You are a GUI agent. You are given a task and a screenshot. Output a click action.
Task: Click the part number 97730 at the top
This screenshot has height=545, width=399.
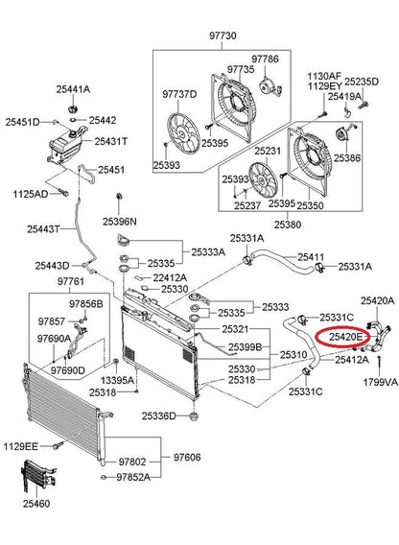(223, 36)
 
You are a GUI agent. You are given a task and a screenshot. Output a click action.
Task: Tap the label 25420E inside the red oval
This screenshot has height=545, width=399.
(346, 337)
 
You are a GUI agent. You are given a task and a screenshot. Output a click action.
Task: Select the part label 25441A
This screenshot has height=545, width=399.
(73, 89)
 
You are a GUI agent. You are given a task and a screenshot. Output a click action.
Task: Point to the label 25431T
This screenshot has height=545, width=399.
(111, 141)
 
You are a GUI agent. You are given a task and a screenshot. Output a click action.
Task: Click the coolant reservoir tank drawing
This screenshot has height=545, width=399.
(66, 144)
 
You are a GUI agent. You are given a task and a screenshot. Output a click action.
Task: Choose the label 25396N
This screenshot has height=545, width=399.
(120, 222)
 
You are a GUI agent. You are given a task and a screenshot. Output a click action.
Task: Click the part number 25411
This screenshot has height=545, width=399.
(311, 257)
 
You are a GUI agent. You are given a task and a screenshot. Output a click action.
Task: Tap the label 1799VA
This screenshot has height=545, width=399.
(380, 382)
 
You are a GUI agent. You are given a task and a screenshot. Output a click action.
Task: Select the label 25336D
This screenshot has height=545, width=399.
(159, 415)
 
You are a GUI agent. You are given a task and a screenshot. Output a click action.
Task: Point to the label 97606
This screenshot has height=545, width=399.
(187, 457)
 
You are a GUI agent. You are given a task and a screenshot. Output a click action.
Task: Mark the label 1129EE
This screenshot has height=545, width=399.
(21, 446)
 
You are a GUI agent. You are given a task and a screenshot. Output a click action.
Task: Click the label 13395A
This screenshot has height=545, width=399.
(117, 380)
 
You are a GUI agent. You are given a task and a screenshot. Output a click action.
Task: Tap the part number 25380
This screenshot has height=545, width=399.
(288, 225)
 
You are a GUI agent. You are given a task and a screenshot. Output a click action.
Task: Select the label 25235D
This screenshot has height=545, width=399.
(362, 82)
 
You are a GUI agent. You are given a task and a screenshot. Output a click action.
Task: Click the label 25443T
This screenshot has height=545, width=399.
(44, 229)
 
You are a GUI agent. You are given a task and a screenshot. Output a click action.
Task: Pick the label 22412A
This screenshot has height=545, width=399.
(171, 277)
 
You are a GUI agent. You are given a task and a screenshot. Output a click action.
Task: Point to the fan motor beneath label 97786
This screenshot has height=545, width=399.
(270, 87)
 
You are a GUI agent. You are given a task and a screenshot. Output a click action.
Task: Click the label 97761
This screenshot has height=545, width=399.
(71, 281)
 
